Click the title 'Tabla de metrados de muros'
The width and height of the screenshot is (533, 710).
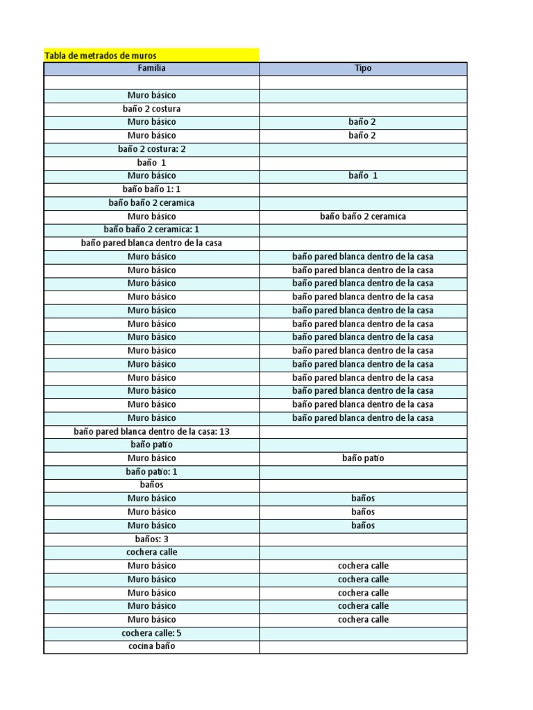(101, 55)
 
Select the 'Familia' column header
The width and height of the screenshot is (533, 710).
(151, 69)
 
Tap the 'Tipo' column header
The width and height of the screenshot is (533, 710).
(363, 69)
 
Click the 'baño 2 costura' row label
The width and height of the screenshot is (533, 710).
(151, 109)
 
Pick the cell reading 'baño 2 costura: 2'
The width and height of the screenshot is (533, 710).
(151, 149)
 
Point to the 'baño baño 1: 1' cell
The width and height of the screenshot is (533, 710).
(151, 189)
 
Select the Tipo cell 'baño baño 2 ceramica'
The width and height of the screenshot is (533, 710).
(363, 216)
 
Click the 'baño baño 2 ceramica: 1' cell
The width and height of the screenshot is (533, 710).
(151, 230)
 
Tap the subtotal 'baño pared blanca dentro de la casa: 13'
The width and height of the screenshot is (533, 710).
(151, 431)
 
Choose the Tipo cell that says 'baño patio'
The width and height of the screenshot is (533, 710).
(363, 458)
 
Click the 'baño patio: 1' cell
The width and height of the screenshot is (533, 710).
(151, 471)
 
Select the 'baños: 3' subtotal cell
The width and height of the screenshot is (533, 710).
(151, 539)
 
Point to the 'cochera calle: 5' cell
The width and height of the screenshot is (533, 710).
(151, 633)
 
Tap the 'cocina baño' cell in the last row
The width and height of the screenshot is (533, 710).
(151, 646)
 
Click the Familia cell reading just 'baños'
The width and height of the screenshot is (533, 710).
(151, 485)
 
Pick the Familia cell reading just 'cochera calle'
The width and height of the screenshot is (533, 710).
(151, 553)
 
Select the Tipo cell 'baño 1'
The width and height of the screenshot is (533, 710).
(363, 176)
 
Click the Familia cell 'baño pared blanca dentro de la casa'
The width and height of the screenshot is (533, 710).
(151, 243)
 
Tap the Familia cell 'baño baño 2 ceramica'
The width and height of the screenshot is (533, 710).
(151, 203)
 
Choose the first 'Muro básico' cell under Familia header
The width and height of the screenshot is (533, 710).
(151, 95)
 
